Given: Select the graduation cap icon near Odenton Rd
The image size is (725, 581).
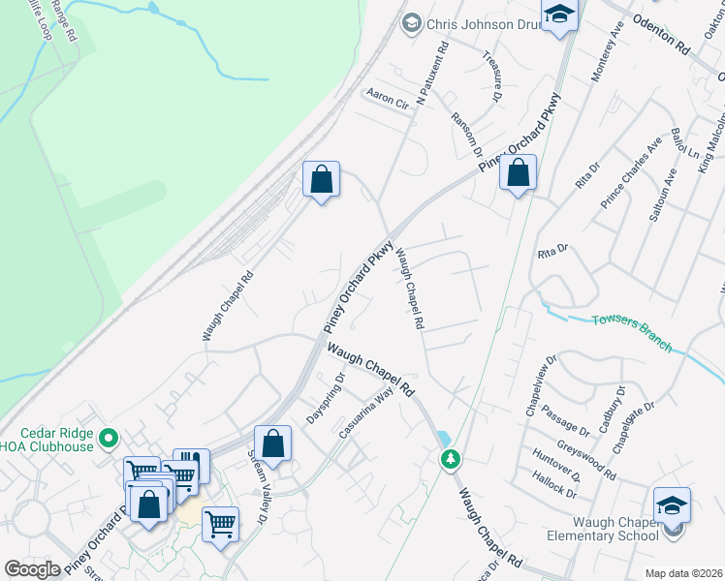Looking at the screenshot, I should (559, 15).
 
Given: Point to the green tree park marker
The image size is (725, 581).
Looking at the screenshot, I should (450, 458).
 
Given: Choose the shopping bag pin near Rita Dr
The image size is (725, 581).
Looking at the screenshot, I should (519, 174).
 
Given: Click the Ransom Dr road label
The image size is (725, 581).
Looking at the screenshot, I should (466, 133).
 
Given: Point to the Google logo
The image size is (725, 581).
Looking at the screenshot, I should (32, 569).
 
